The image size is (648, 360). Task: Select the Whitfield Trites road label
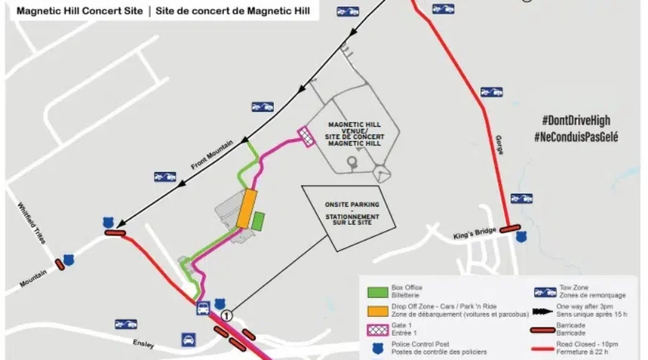pos(32,222)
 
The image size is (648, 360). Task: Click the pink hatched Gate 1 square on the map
pos(306,137)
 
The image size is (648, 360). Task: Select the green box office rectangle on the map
pos(258,221)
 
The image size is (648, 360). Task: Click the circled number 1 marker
pos(228,315)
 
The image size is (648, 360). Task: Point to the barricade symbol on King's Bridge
pos(510,229)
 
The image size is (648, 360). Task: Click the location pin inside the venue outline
pos(351,164)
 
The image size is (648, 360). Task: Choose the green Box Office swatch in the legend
pos(376,292)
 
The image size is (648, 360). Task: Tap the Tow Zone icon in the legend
pos(545,292)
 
